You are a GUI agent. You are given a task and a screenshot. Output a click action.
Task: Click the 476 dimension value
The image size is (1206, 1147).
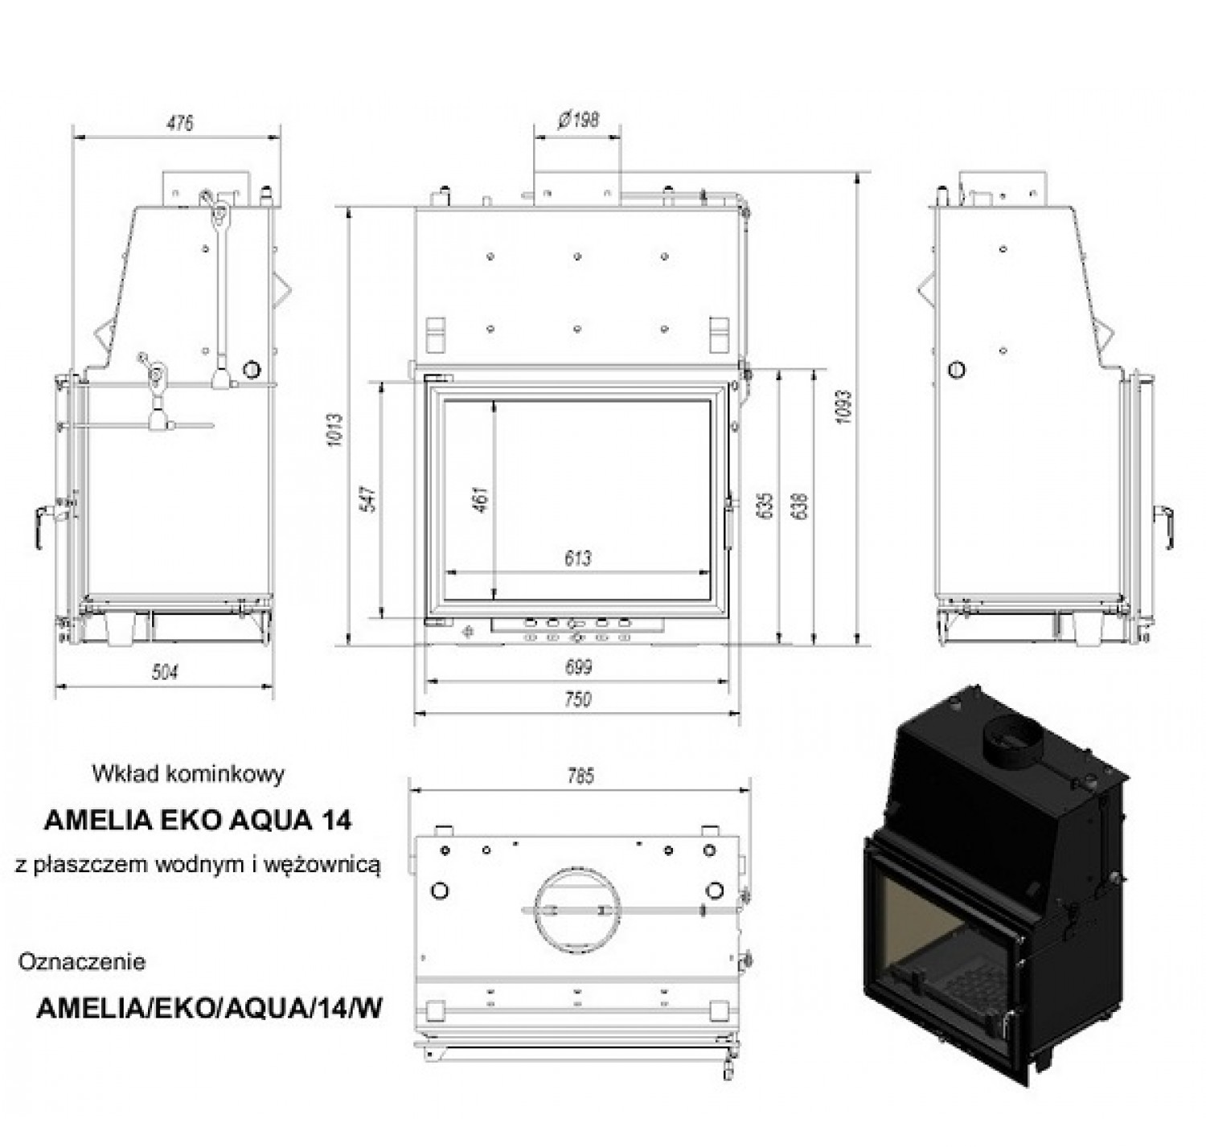tap(180, 123)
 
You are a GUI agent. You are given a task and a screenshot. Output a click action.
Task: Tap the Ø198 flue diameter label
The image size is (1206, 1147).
tap(578, 120)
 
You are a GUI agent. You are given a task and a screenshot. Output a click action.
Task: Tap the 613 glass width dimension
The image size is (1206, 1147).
tap(578, 558)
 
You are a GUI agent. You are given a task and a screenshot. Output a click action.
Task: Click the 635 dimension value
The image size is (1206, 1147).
tap(766, 506)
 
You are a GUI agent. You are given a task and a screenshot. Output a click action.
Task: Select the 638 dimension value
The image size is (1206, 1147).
tap(801, 506)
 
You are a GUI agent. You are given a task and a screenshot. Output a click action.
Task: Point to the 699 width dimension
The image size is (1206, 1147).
tap(578, 666)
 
